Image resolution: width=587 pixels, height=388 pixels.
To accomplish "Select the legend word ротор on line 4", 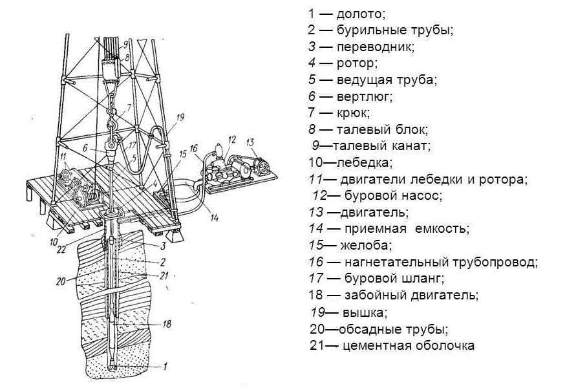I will pyautogui.click(x=356, y=63).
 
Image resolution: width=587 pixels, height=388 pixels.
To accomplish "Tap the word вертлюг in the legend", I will pyautogui.click(x=364, y=97).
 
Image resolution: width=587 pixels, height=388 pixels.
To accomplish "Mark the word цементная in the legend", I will pyautogui.click(x=376, y=346).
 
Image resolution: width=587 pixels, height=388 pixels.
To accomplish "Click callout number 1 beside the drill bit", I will pyautogui.click(x=165, y=367).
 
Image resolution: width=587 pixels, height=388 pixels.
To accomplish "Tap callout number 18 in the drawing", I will pyautogui.click(x=166, y=323).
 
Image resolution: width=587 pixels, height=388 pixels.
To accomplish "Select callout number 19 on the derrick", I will pyautogui.click(x=180, y=117).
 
